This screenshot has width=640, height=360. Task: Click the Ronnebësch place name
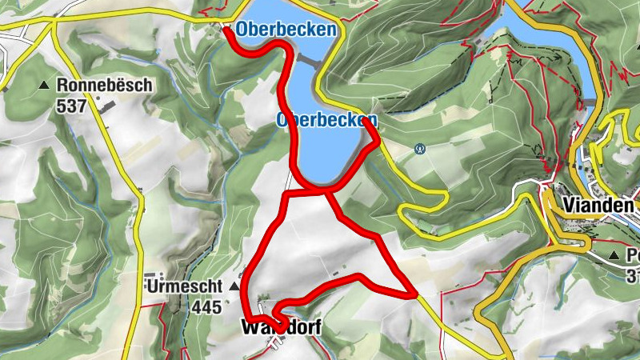104,85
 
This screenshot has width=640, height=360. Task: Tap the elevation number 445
206,305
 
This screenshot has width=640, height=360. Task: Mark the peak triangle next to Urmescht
234,286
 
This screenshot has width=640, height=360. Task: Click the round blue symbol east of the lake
419,148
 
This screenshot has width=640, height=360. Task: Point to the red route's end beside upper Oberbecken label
227,31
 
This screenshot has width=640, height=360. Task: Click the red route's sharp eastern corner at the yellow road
413,295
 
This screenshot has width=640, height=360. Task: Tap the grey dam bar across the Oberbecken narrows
306,59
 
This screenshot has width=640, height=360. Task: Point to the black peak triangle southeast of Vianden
614,255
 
